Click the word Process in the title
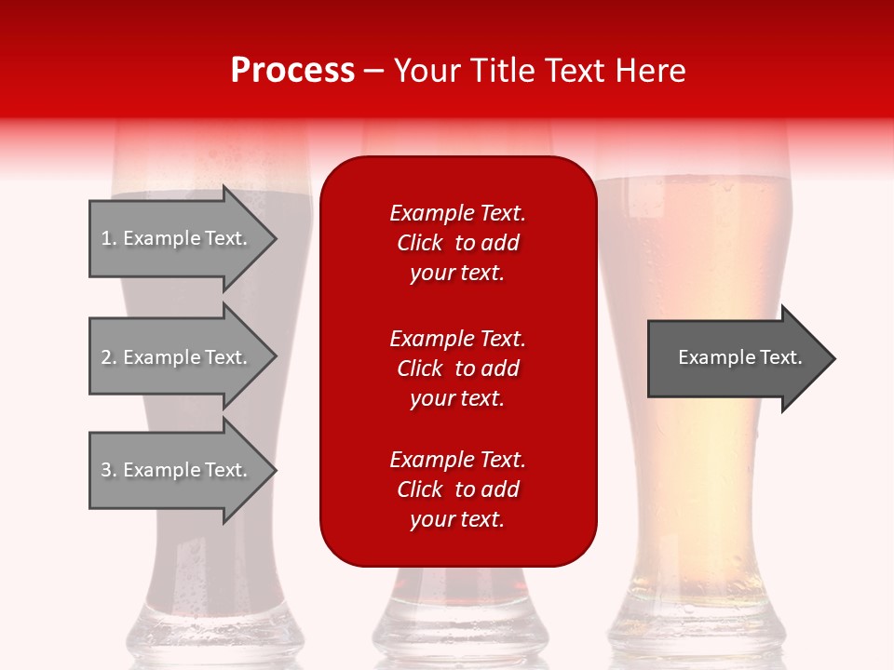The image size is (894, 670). [x=292, y=70]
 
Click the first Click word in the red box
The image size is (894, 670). [x=420, y=243]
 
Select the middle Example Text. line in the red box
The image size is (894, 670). [x=457, y=338]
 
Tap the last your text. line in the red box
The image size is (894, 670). [x=457, y=519]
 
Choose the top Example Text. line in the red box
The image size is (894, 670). [x=457, y=213]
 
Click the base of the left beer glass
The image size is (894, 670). [x=210, y=633]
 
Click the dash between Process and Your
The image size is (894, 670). [x=373, y=71]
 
